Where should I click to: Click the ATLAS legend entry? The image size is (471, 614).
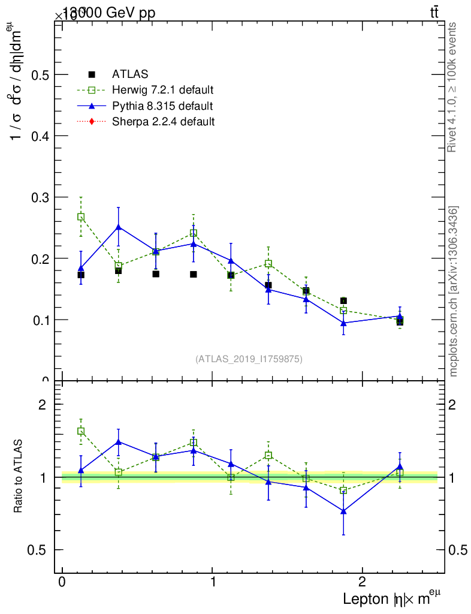[x=130, y=75]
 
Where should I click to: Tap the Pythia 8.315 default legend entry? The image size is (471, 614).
[x=162, y=106]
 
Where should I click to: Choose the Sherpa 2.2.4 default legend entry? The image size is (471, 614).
[x=164, y=122]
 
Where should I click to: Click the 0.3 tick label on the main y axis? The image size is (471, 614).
[x=41, y=197]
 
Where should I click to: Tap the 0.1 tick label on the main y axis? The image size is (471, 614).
[x=41, y=320]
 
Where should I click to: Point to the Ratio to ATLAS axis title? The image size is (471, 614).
[x=19, y=477]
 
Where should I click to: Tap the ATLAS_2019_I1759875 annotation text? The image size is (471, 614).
[x=249, y=359]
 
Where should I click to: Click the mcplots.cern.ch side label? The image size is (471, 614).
[x=454, y=291]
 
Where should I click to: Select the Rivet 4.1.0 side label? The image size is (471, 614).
[x=454, y=87]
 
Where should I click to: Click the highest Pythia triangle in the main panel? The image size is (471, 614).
[x=119, y=227]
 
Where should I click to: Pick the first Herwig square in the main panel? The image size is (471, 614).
[x=81, y=217]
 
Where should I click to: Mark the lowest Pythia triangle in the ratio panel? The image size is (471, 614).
[x=343, y=511]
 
